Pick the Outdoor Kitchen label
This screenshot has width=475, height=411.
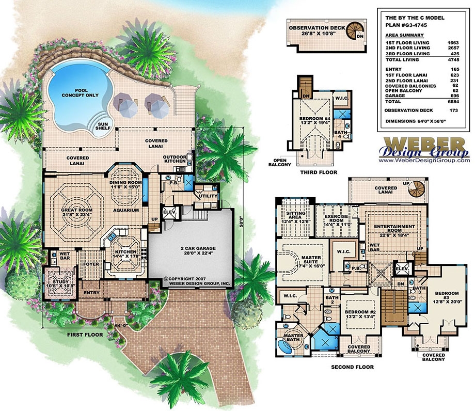(175, 159)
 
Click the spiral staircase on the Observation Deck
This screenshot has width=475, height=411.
(355, 29)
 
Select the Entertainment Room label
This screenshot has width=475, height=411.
(395, 229)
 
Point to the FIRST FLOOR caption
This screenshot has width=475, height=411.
(84, 335)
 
